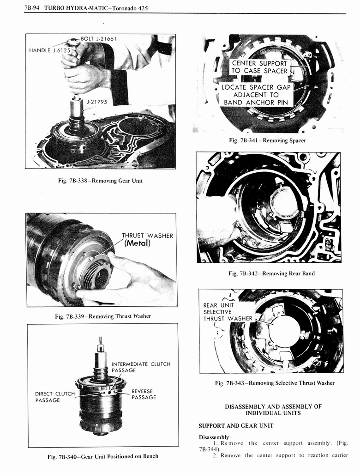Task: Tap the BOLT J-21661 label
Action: (98, 39)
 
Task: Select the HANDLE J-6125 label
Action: (48, 50)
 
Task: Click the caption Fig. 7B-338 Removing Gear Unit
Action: (100, 181)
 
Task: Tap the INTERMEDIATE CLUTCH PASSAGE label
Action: (141, 367)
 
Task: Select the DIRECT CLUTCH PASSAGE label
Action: (54, 397)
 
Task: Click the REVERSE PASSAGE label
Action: (144, 394)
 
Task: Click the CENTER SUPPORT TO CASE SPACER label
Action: (259, 67)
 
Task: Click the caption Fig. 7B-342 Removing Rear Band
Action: (271, 273)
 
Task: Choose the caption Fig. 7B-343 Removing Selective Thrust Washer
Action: (274, 383)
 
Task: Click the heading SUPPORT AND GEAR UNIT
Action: (236, 425)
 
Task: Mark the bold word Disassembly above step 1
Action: (214, 437)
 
